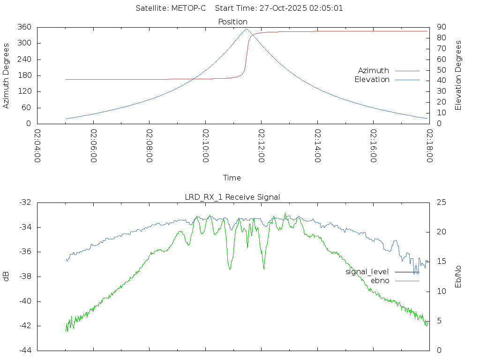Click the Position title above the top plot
click(x=233, y=22)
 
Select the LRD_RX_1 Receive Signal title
click(x=232, y=197)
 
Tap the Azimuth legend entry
click(x=374, y=70)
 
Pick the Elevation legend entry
click(x=372, y=80)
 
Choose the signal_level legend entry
click(x=367, y=271)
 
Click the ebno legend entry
click(x=380, y=280)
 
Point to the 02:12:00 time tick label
click(x=262, y=146)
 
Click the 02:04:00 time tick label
click(x=37, y=146)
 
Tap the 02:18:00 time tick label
click(x=429, y=146)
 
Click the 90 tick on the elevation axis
click(x=441, y=27)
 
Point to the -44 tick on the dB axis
click(x=25, y=350)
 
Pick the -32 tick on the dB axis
click(x=25, y=202)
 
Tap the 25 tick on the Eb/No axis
click(x=441, y=202)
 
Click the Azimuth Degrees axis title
click(x=6, y=75)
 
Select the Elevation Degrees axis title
click(x=458, y=75)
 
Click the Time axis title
click(x=232, y=178)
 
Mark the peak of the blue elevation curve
click(x=247, y=29)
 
